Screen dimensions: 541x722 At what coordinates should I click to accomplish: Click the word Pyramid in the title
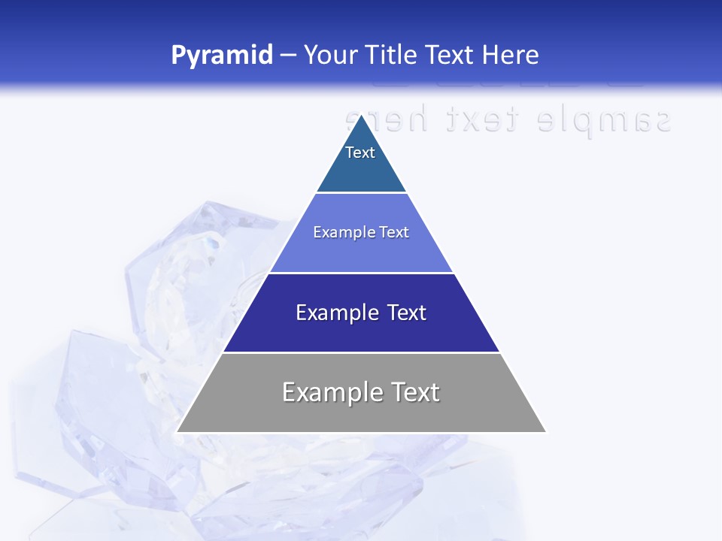click(x=222, y=56)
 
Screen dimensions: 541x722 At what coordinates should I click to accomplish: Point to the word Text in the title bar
click(x=451, y=56)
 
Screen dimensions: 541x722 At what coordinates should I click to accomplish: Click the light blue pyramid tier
click(x=361, y=252)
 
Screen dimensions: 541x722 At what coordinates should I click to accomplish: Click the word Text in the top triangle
click(x=360, y=153)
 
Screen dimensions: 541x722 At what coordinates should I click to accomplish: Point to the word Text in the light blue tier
click(x=395, y=232)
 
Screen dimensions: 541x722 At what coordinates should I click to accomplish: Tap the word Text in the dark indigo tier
click(x=407, y=313)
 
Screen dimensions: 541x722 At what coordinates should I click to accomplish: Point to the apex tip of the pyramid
click(x=361, y=116)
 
